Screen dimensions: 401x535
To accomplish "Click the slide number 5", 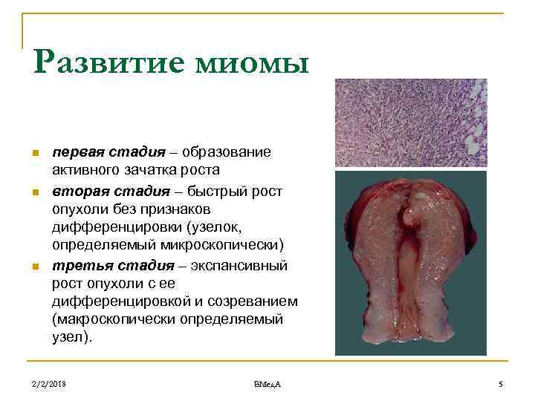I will [x=501, y=383].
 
